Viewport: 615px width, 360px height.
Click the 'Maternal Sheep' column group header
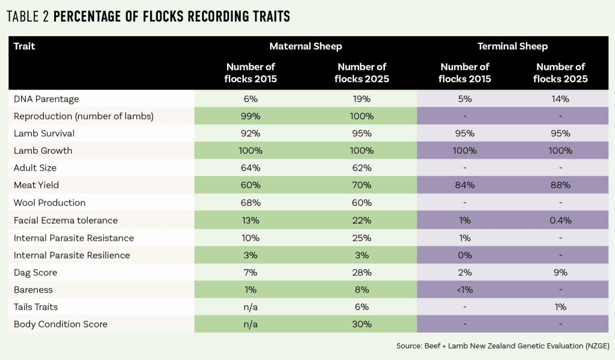point(306,46)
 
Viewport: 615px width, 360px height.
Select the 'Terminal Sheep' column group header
point(512,46)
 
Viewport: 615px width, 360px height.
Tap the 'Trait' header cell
point(25,46)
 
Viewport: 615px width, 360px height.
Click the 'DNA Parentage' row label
point(46,99)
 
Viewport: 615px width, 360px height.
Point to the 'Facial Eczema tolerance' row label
point(65,221)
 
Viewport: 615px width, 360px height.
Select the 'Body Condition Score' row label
point(60,325)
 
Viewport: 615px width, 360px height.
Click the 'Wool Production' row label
point(49,203)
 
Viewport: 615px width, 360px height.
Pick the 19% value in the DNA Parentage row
point(362,99)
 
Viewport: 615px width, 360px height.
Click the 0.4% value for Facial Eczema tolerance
point(560,221)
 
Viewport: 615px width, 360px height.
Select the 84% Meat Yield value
point(464,186)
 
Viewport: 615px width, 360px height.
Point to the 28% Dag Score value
point(362,273)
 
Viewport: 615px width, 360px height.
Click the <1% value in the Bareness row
point(464,290)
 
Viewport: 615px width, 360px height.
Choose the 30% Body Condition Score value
point(362,325)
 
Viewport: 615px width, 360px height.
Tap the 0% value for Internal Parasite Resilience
point(464,255)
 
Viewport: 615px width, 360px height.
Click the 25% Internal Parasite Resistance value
point(362,238)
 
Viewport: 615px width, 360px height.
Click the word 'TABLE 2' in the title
point(28,17)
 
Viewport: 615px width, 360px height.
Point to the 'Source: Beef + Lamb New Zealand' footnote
point(503,346)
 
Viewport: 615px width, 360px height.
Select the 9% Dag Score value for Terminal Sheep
point(560,273)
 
